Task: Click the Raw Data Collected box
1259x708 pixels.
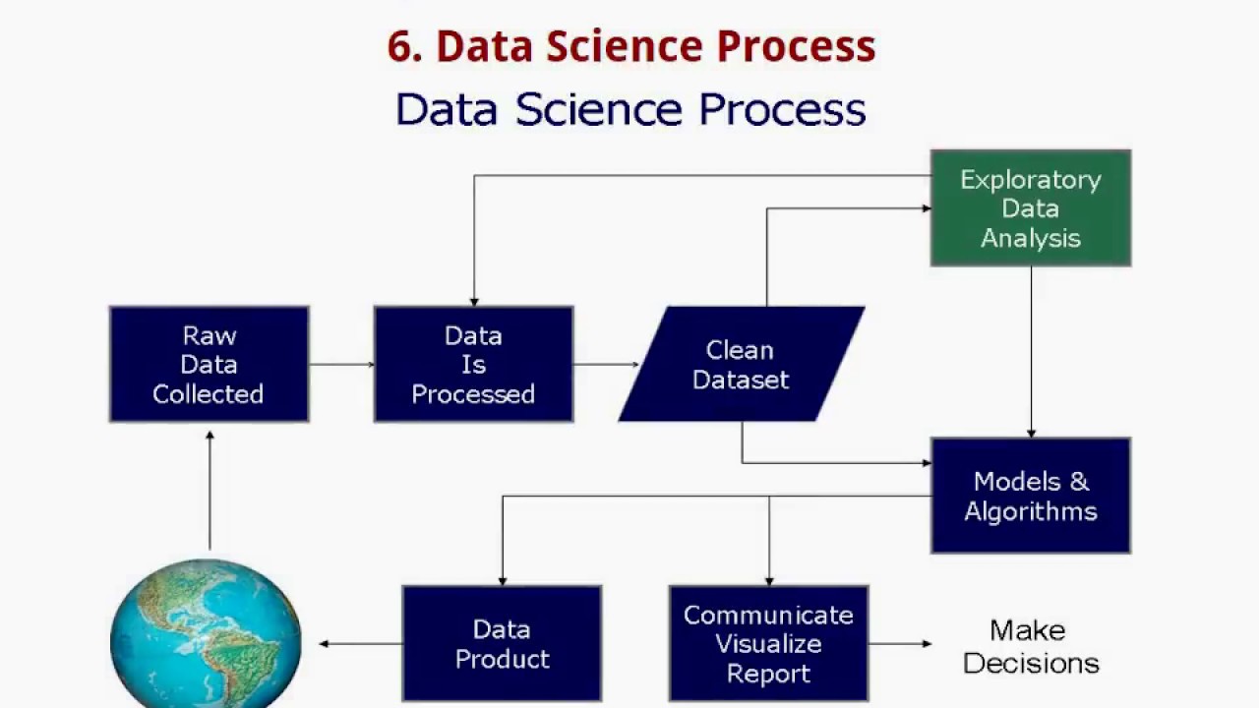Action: pyautogui.click(x=209, y=364)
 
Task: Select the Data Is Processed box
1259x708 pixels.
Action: pyautogui.click(x=473, y=364)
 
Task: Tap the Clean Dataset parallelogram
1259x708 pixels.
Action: pyautogui.click(x=741, y=364)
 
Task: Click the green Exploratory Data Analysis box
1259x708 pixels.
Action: pyautogui.click(x=1030, y=207)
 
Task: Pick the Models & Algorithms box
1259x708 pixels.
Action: pyautogui.click(x=1030, y=496)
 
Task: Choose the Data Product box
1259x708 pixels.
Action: pyautogui.click(x=502, y=643)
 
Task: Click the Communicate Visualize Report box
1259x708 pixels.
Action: pyautogui.click(x=768, y=643)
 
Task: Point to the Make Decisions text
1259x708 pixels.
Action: pyautogui.click(x=1030, y=646)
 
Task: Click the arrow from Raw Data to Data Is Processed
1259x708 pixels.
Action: pyautogui.click(x=341, y=364)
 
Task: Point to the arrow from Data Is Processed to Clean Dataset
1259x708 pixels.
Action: pyautogui.click(x=605, y=364)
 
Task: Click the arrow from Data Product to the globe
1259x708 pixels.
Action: pyautogui.click(x=360, y=644)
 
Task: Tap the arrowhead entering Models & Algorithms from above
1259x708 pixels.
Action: pyautogui.click(x=1031, y=432)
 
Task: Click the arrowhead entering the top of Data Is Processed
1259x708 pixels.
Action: pyautogui.click(x=474, y=301)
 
